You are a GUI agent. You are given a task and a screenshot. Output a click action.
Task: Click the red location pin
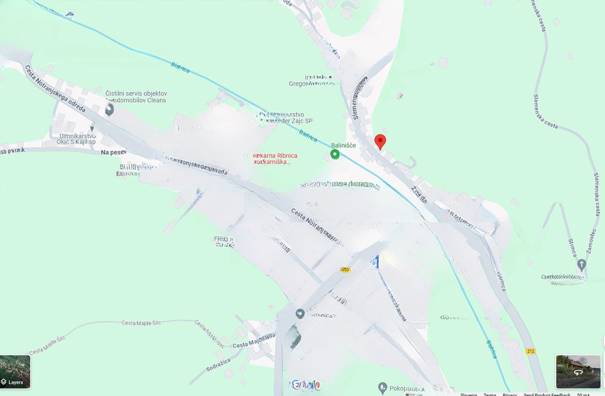coord(380,141)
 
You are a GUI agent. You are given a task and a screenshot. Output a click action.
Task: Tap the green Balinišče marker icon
coord(335,154)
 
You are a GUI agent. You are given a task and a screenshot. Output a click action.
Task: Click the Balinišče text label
coord(343,146)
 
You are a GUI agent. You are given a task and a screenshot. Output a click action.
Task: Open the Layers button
coord(15,372)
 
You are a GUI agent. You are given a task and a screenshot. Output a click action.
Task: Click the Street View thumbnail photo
coord(578,372)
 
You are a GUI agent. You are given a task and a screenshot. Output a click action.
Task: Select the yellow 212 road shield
coord(530,351)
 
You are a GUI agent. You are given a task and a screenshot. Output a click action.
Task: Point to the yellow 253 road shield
coord(345,270)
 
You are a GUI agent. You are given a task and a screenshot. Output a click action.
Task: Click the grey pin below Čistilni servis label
coord(109,110)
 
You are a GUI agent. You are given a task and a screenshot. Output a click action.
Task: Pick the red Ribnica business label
coord(276,158)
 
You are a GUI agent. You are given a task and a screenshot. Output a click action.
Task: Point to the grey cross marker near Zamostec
coord(581,264)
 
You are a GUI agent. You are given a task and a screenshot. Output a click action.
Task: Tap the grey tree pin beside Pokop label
coord(383,388)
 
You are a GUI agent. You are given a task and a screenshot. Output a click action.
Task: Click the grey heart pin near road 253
coord(300,313)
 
